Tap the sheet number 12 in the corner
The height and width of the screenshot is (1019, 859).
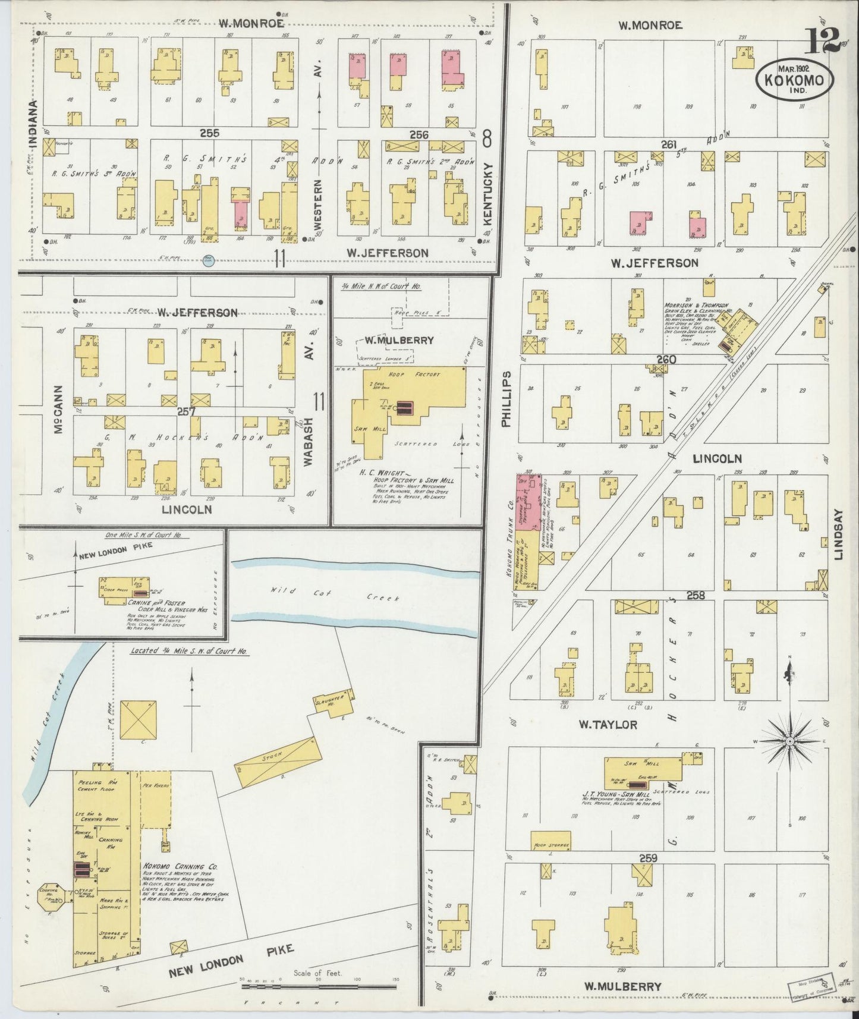click(823, 40)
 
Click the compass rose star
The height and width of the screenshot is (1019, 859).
click(789, 742)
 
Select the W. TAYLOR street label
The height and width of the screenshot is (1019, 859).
click(608, 725)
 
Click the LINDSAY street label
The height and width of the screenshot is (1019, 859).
click(839, 534)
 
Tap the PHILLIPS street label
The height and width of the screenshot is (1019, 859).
click(506, 399)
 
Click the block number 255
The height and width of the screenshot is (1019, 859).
click(209, 133)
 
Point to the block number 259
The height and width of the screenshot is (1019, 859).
click(649, 858)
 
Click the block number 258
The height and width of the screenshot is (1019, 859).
click(696, 595)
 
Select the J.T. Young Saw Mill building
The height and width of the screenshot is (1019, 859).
click(644, 770)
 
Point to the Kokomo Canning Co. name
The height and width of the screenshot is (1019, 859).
click(180, 867)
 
